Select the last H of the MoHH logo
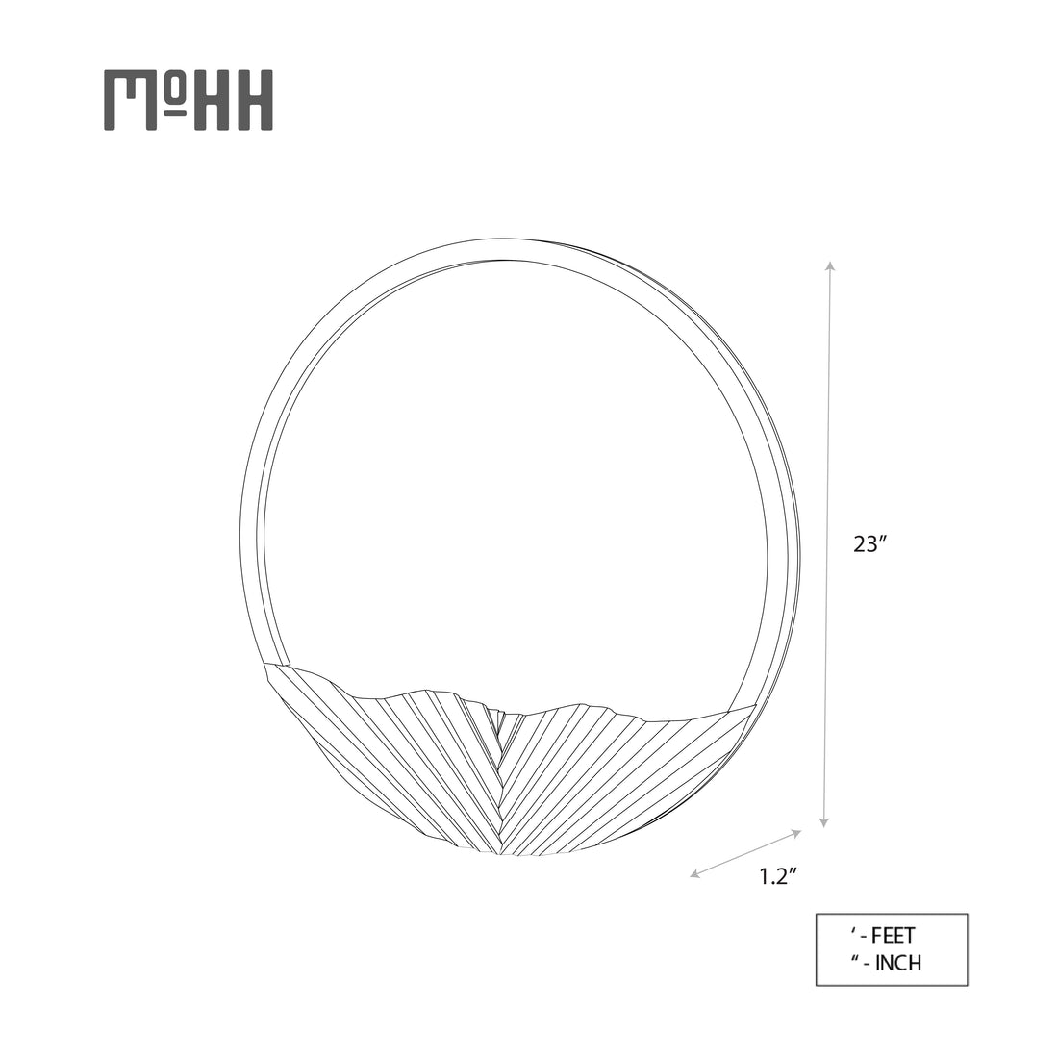[253, 100]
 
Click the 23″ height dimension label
[869, 543]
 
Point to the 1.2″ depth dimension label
[779, 876]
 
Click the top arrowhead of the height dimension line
[831, 265]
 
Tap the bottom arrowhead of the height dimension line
[824, 821]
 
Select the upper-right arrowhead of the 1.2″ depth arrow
[796, 834]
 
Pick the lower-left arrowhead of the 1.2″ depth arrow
[695, 874]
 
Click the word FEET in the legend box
[894, 936]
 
